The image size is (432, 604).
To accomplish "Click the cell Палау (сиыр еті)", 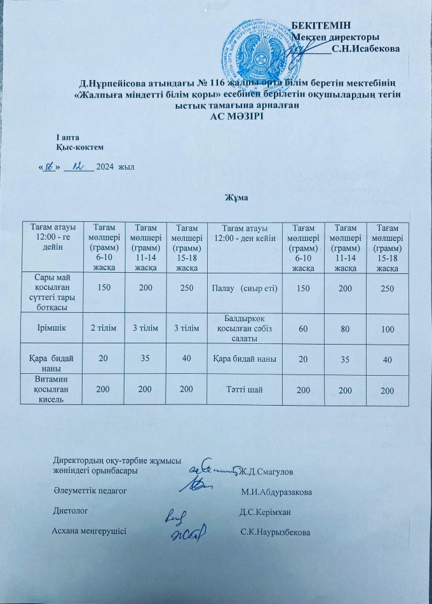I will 243,289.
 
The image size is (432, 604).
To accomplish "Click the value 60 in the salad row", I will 302,328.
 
